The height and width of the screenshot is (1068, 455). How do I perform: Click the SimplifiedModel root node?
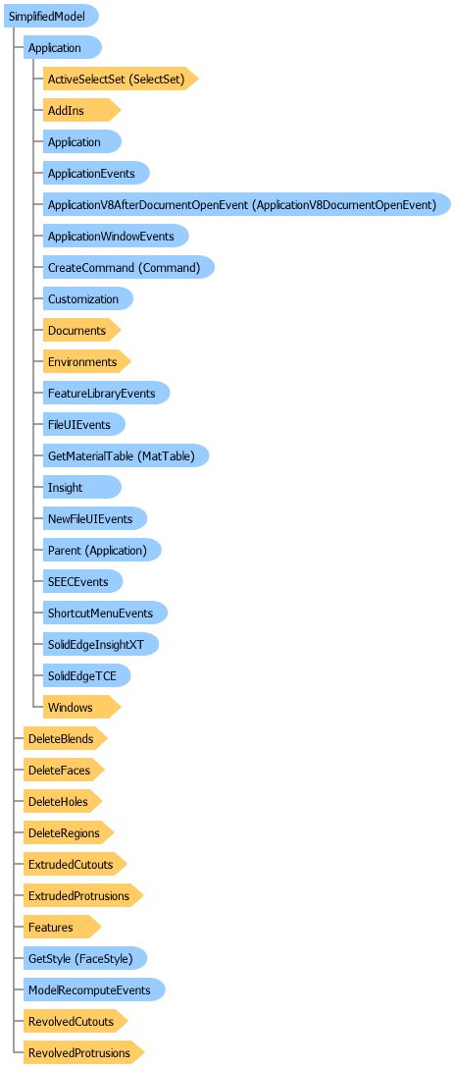point(49,17)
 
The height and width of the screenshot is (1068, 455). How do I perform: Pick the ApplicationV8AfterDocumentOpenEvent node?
point(245,204)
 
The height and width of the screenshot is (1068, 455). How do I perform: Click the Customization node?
point(86,298)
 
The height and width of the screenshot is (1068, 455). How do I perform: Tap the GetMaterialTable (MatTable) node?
point(126,455)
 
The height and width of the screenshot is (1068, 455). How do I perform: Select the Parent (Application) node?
point(101,550)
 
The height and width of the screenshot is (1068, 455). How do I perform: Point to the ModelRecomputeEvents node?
point(93,989)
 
